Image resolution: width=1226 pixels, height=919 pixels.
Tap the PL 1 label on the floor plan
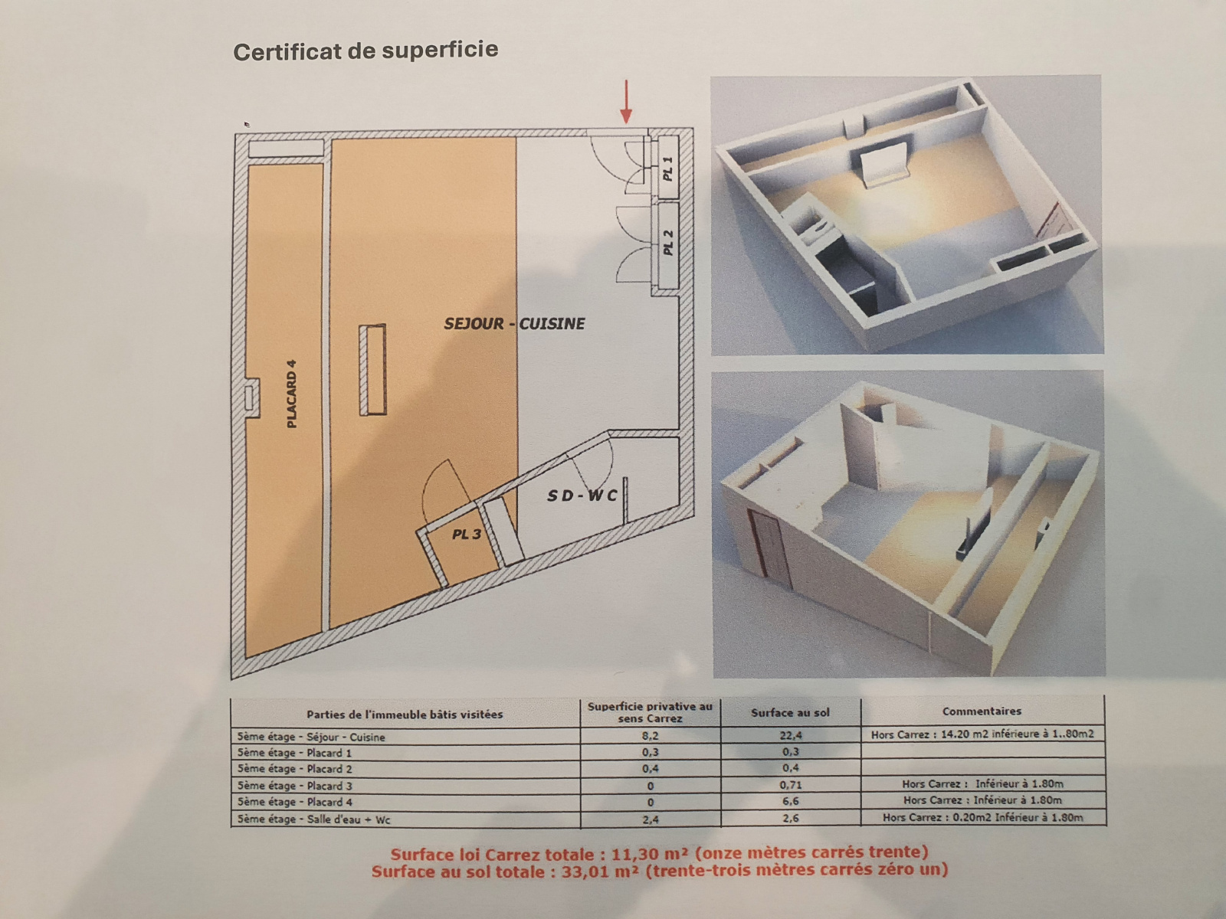[x=668, y=168]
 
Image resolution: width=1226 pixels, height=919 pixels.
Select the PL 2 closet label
[x=668, y=243]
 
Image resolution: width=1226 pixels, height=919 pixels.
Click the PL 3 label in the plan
[x=466, y=534]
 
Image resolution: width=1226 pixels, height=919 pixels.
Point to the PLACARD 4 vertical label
[x=291, y=394]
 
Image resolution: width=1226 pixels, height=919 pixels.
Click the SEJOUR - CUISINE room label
[x=514, y=324]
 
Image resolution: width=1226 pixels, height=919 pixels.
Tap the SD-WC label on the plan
[x=582, y=496]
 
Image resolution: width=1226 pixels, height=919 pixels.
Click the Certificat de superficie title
[x=366, y=51]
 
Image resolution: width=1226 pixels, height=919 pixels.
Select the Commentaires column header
[x=982, y=711]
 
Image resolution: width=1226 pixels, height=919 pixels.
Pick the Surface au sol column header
[x=790, y=712]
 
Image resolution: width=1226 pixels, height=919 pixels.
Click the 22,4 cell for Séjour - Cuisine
[x=790, y=735]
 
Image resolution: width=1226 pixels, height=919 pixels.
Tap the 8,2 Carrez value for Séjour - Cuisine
[x=650, y=735]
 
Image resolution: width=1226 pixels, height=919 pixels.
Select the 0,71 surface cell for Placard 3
[x=790, y=785]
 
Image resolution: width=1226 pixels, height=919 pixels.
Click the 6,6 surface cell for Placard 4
[x=790, y=801]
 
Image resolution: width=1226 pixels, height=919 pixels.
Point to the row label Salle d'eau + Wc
[x=313, y=819]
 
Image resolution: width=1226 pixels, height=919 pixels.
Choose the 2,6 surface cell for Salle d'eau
[x=790, y=818]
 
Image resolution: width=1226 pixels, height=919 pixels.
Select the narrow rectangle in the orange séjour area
[x=373, y=370]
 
